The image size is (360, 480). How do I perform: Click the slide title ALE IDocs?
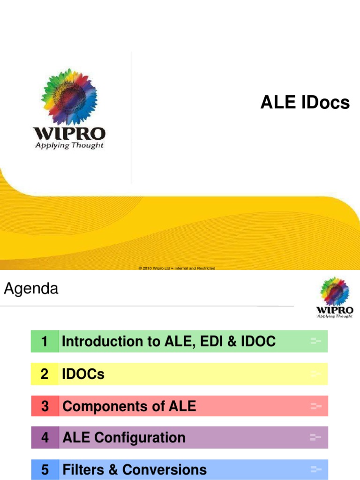point(305,103)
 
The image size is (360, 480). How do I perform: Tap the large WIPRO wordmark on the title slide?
point(69,133)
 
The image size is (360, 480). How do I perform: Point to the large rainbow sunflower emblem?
point(69,97)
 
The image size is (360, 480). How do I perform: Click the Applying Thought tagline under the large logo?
point(69,145)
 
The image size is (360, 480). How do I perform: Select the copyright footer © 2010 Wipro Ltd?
point(177,268)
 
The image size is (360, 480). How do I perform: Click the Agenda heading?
point(31,289)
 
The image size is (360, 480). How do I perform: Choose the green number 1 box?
point(45,342)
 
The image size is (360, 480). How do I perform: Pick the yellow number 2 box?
point(45,374)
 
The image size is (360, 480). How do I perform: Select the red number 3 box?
point(45,406)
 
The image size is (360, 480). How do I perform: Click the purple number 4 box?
point(45,438)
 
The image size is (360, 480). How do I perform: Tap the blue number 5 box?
point(45,470)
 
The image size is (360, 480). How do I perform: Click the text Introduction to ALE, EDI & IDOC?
point(169,342)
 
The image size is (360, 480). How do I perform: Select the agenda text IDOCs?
point(83,374)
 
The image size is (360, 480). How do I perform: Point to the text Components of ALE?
point(129,406)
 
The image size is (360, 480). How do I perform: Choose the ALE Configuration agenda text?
point(124,438)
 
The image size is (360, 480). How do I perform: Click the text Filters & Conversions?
point(135,470)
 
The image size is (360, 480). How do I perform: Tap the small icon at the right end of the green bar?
point(316,341)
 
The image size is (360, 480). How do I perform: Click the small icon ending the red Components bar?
point(316,406)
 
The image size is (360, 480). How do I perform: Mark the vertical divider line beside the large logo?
point(132,117)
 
